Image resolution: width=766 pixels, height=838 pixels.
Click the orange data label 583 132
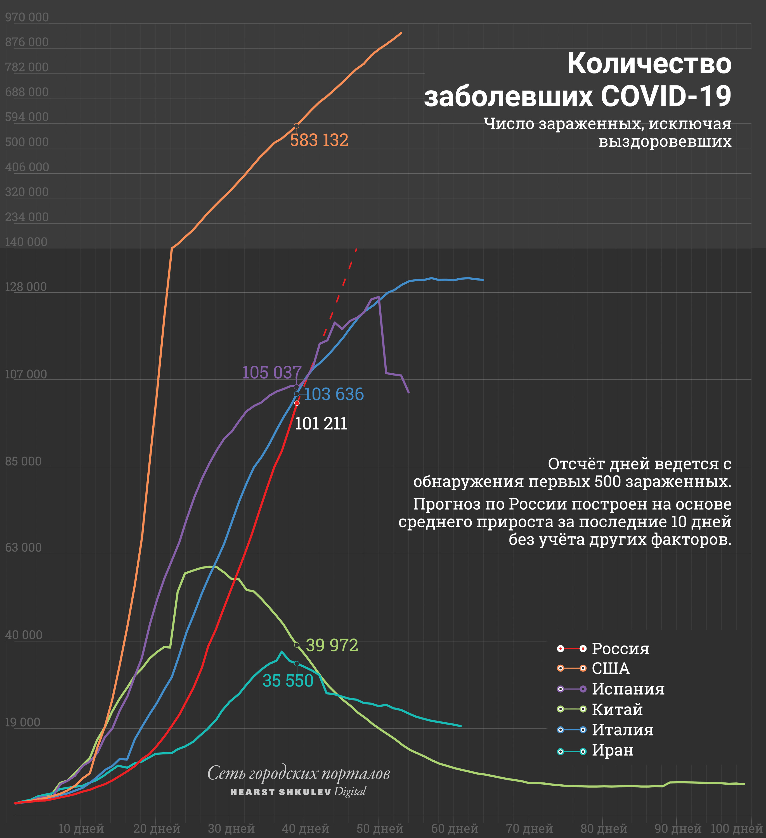pyautogui.click(x=319, y=141)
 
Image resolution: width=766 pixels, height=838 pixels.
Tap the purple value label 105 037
pyautogui.click(x=271, y=373)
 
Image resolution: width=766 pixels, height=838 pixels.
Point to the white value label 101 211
pyautogui.click(x=321, y=424)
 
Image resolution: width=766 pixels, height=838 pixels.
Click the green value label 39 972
pyautogui.click(x=332, y=645)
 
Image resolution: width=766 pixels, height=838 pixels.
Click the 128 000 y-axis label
pyautogui.click(x=26, y=287)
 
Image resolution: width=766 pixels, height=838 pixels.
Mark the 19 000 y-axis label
pyautogui.click(x=23, y=722)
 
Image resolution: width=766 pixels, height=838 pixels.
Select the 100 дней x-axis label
pyautogui.click(x=736, y=828)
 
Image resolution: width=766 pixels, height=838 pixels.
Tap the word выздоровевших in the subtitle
pyautogui.click(x=665, y=142)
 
